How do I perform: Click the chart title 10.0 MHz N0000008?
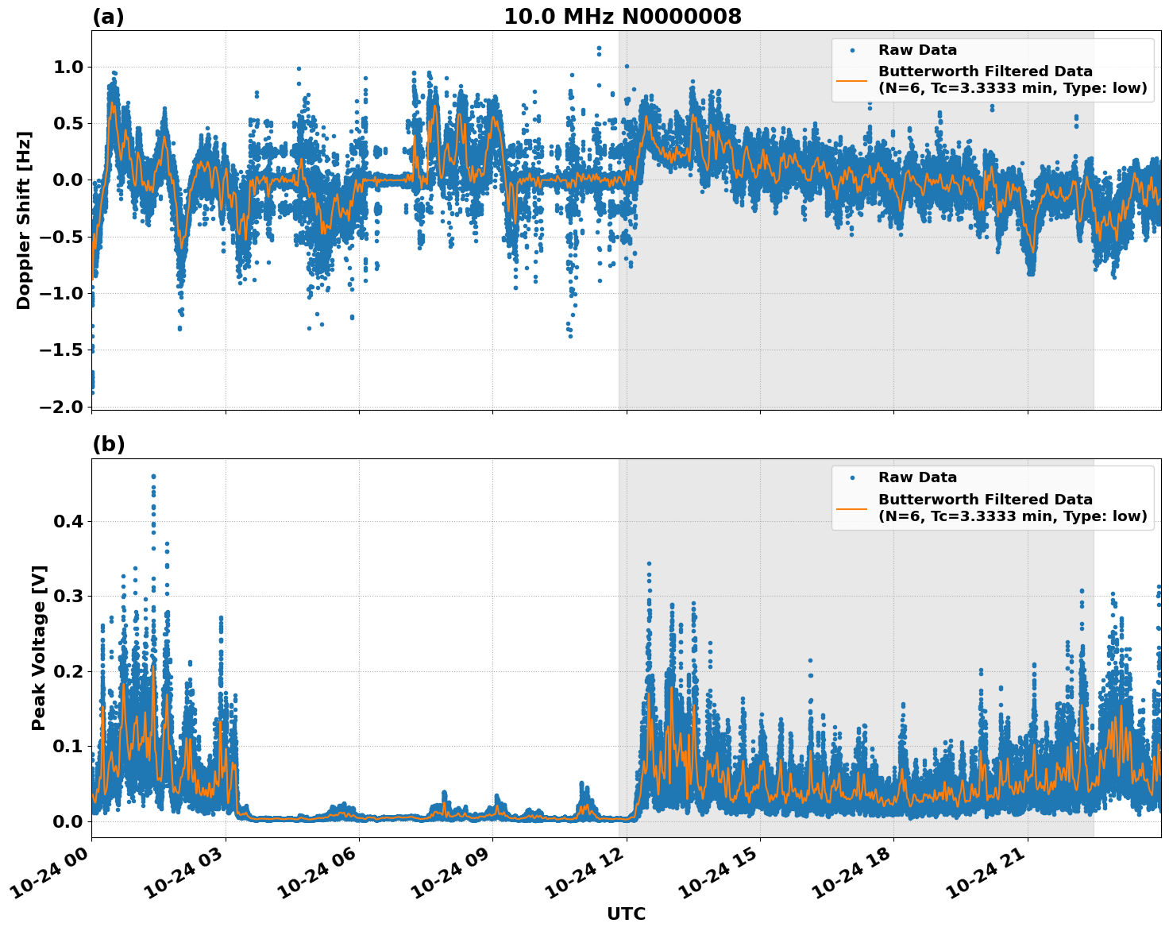pyautogui.click(x=622, y=17)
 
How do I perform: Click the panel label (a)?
pyautogui.click(x=108, y=17)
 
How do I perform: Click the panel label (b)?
pyautogui.click(x=108, y=444)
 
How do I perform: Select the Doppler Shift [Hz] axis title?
pyautogui.click(x=24, y=220)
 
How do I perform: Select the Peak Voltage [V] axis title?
pyautogui.click(x=39, y=647)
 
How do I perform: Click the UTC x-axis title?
pyautogui.click(x=626, y=914)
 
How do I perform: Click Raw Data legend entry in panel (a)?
pyautogui.click(x=917, y=51)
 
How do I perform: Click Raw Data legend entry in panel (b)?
pyautogui.click(x=917, y=478)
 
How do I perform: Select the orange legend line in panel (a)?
pyautogui.click(x=851, y=80)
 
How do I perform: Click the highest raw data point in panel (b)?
pyautogui.click(x=153, y=477)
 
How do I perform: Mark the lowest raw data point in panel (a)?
pyautogui.click(x=92, y=392)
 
